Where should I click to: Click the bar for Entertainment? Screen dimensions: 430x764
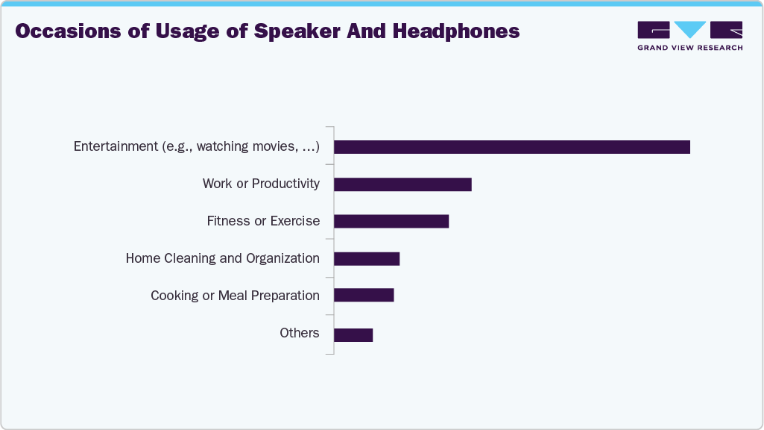coord(511,147)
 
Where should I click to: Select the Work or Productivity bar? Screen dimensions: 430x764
coord(402,184)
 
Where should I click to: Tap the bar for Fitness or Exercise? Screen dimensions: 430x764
coord(391,222)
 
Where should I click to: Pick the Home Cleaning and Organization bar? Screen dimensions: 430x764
coord(367,259)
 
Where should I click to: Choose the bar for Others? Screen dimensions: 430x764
coord(353,334)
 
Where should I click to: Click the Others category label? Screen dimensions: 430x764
coord(300,333)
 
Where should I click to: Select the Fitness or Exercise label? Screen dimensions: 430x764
coord(263,221)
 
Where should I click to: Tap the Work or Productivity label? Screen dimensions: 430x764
coord(261,184)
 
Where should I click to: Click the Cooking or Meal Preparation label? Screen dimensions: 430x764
coord(235,296)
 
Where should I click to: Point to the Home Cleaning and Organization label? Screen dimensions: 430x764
coord(222,258)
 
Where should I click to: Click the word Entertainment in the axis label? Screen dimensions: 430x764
coord(116,146)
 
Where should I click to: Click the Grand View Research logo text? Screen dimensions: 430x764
coord(689,48)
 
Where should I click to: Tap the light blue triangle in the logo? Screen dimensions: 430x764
coord(690,30)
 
